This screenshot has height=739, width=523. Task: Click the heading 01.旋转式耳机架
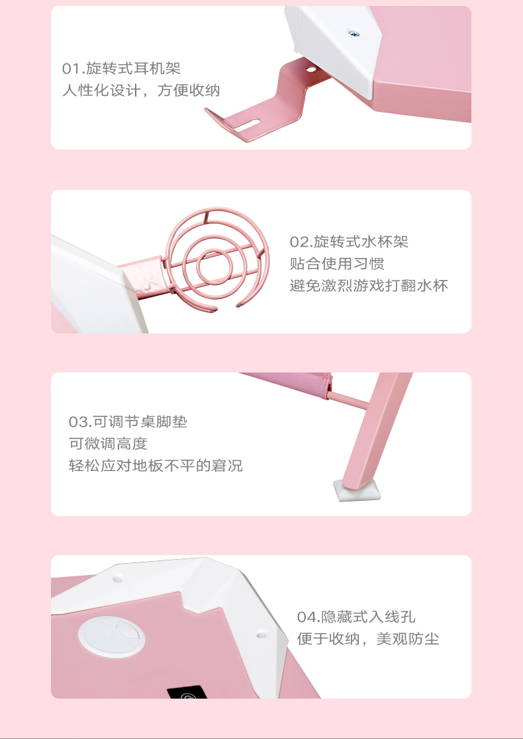(x=121, y=68)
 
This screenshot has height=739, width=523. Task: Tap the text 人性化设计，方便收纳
(x=141, y=90)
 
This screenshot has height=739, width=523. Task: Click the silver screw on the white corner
(x=352, y=32)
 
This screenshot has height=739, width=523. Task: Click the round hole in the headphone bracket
(x=310, y=69)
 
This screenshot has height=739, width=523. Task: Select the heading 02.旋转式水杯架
(x=349, y=241)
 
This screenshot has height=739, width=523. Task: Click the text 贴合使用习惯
(x=337, y=263)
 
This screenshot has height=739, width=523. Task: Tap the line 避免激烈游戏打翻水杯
(x=369, y=285)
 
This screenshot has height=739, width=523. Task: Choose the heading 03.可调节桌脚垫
(x=128, y=421)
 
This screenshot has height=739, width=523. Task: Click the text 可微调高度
(x=108, y=443)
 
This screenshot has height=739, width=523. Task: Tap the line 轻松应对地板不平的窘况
(x=156, y=466)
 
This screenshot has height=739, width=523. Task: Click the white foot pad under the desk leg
(x=357, y=491)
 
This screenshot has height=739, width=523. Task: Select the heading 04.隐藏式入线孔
(x=356, y=617)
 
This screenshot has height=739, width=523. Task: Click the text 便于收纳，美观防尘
(x=368, y=639)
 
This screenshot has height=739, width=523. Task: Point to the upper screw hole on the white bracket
(x=117, y=576)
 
